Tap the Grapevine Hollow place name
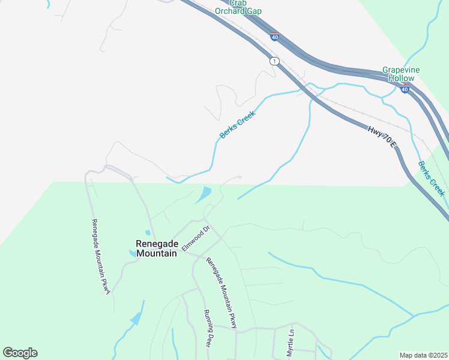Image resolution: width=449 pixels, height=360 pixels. (x=401, y=74)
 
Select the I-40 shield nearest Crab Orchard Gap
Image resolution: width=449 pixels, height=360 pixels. (x=274, y=37)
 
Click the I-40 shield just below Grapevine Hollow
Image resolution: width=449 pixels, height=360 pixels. (x=405, y=89)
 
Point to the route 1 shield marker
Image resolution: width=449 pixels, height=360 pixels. (x=274, y=61)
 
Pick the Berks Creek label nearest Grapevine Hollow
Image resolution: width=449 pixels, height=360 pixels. (x=431, y=178)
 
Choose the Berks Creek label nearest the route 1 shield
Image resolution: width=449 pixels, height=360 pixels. (x=237, y=124)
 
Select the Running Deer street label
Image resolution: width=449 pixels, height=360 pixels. (x=209, y=328)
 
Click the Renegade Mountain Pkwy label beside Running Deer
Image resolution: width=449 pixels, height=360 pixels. (x=221, y=293)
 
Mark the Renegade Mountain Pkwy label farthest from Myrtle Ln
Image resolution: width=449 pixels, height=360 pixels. (x=101, y=256)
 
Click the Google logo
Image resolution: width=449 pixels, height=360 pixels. (x=20, y=353)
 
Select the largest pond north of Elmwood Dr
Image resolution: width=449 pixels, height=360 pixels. (x=203, y=194)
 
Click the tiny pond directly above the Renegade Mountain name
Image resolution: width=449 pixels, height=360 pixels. (x=148, y=233)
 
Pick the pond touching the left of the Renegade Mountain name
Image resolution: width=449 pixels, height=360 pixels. (x=132, y=253)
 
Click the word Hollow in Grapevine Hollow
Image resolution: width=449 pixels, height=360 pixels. (x=401, y=78)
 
